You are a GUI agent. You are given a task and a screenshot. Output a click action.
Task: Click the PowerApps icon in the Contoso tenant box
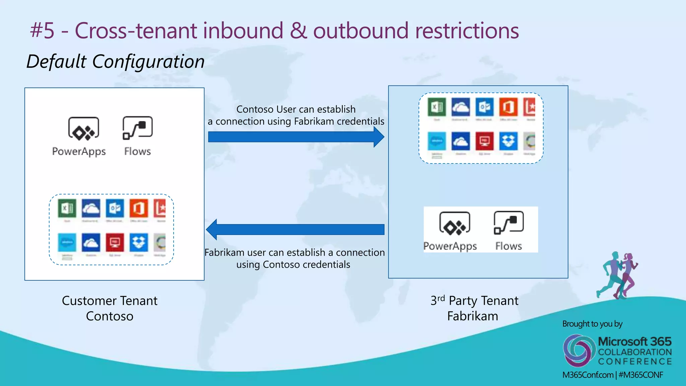click(x=84, y=129)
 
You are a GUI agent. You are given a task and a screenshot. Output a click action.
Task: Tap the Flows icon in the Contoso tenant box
click(x=138, y=128)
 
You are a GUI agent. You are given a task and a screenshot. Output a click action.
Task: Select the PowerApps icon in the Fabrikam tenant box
click(x=455, y=223)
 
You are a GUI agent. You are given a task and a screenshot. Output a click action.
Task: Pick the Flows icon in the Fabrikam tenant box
click(x=508, y=222)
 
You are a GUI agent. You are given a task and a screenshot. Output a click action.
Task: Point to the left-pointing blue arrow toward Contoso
click(x=295, y=230)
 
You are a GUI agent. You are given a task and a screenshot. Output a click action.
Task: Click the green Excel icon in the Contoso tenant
click(x=67, y=208)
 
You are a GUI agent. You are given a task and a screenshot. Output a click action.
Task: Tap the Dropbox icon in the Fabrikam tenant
click(x=508, y=141)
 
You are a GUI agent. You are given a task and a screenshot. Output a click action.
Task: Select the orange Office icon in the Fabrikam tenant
click(x=508, y=107)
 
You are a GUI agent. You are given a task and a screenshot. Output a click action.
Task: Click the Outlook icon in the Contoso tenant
click(x=115, y=208)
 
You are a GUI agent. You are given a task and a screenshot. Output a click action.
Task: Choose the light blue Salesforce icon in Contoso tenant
click(x=67, y=243)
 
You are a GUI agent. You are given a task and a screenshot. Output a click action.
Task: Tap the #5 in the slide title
click(x=42, y=30)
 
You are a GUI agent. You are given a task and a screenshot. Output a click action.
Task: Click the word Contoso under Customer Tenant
click(x=110, y=316)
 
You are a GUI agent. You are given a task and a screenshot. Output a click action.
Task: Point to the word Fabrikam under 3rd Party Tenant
click(x=473, y=316)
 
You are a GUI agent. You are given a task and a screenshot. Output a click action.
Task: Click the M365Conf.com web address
click(x=588, y=375)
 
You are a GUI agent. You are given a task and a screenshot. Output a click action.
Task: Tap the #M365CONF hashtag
click(x=641, y=375)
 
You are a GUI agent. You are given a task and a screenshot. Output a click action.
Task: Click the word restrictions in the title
click(x=467, y=30)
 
